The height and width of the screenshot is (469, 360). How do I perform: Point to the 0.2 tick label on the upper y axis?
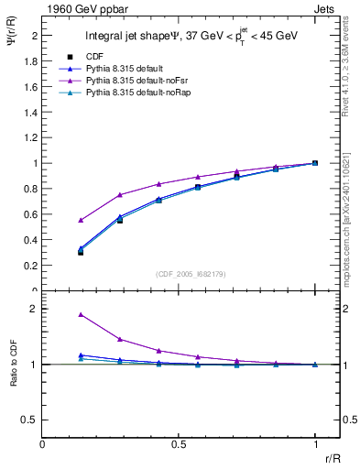29,266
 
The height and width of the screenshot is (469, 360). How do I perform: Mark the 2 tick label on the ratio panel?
33,309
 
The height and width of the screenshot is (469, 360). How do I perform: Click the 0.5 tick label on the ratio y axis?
29,420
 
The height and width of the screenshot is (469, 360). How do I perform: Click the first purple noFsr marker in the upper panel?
81,220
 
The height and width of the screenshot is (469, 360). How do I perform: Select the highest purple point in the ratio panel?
81,314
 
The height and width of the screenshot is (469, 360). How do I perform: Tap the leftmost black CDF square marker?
81,252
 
